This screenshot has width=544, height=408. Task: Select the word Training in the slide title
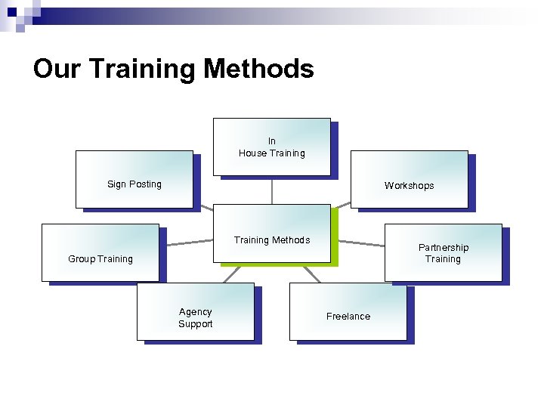(143, 70)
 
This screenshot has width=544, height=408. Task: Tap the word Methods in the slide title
(258, 70)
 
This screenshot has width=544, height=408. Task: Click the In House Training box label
(272, 147)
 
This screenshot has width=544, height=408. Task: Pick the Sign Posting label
(134, 184)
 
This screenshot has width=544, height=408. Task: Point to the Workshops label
(409, 186)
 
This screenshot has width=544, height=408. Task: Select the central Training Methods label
(272, 240)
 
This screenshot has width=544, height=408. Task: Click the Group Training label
(100, 259)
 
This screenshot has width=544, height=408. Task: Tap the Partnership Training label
(444, 253)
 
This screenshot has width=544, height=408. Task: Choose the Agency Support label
(196, 318)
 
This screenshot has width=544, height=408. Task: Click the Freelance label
(348, 317)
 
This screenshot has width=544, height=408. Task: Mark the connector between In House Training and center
(272, 190)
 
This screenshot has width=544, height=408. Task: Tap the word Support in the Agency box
(196, 324)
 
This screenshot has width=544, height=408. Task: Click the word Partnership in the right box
(444, 248)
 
